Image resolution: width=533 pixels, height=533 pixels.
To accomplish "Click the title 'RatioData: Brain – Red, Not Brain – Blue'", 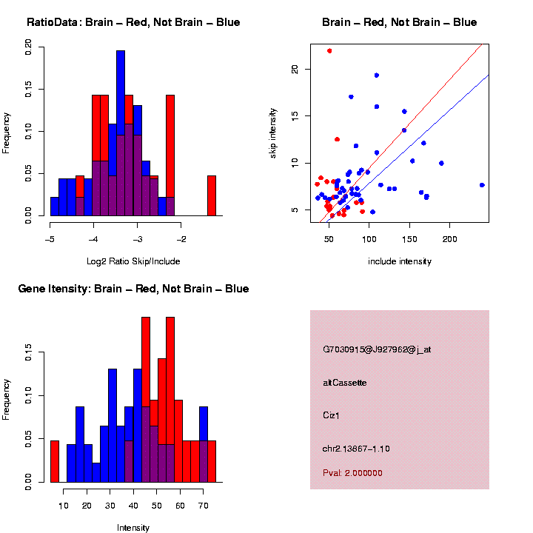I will (x=133, y=22).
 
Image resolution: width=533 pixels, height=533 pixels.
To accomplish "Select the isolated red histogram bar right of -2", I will (x=212, y=196).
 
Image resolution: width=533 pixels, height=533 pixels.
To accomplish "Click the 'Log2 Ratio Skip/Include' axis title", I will (x=133, y=261).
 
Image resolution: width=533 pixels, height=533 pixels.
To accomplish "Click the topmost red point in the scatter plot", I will (x=329, y=50).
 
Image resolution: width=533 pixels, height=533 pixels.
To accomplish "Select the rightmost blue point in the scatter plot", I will (x=482, y=185).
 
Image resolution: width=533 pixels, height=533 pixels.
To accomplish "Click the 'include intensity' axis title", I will (x=400, y=261).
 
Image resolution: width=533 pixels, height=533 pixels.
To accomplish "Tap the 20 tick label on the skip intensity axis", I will (x=295, y=69).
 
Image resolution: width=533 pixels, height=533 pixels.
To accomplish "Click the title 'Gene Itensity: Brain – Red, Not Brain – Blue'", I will (x=133, y=289).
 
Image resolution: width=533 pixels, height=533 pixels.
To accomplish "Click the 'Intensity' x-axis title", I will (x=133, y=528).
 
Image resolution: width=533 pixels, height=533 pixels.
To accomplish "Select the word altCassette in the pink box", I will (x=345, y=383).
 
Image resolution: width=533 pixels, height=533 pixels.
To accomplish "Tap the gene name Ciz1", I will (x=332, y=416).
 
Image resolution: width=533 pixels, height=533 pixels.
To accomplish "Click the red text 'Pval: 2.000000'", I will (x=352, y=473).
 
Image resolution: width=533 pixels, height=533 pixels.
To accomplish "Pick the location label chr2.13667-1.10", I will (x=356, y=449).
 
